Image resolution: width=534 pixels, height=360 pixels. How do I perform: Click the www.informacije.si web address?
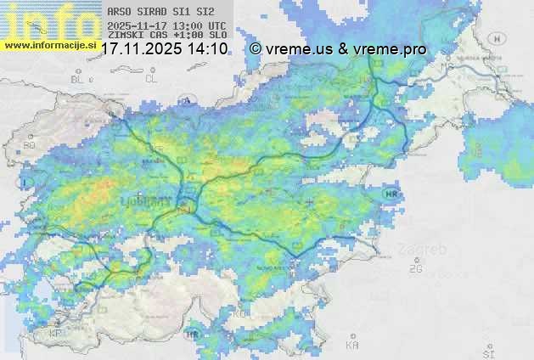(x=49, y=45)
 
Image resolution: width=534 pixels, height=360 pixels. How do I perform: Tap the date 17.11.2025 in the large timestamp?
(x=139, y=49)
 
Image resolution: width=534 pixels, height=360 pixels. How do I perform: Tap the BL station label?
(x=79, y=79)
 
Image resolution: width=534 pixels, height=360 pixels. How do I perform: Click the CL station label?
(x=151, y=79)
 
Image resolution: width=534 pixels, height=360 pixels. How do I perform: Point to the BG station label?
(x=30, y=145)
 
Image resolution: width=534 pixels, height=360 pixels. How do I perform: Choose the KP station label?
(x=55, y=333)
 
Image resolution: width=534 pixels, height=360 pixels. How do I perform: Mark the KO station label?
(x=242, y=314)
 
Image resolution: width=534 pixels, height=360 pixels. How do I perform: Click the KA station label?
(x=352, y=346)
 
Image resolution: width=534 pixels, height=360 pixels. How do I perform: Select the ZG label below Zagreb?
(x=415, y=269)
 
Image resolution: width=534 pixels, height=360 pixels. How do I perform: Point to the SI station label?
(x=487, y=352)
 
